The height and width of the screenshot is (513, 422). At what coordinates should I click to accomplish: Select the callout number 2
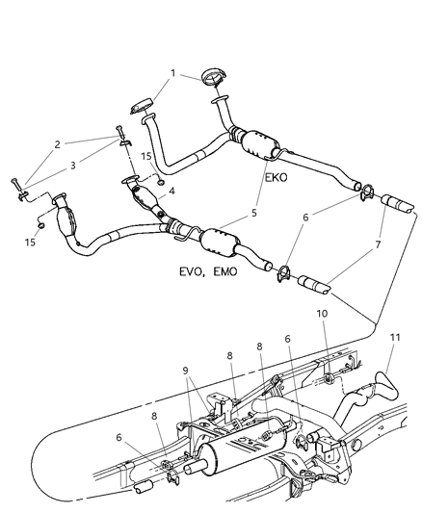coord(58,144)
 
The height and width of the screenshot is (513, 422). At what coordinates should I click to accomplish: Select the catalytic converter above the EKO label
coord(255,144)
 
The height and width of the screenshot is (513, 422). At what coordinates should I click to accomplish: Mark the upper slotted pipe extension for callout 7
coord(400,205)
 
